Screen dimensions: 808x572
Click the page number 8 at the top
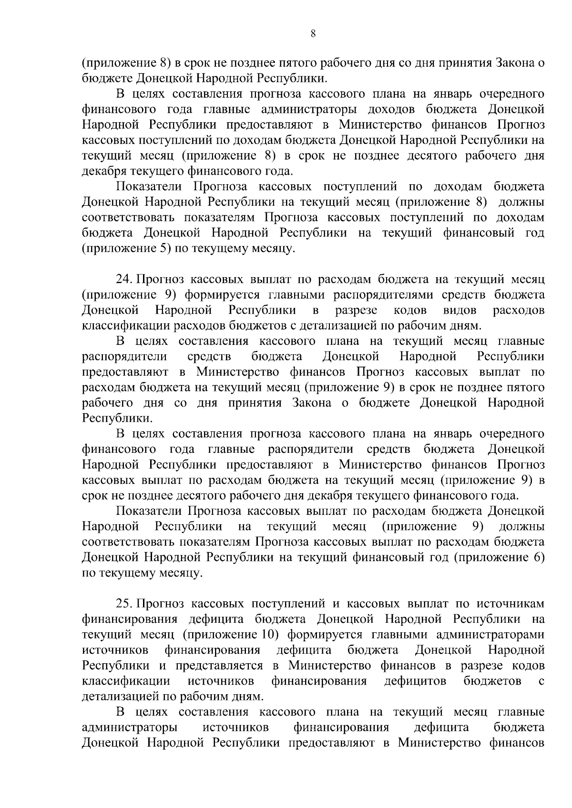tap(312, 33)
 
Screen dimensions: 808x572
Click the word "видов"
tap(460, 310)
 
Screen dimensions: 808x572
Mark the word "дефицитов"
tap(415, 681)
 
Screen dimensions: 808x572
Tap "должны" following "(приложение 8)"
tap(521, 202)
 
